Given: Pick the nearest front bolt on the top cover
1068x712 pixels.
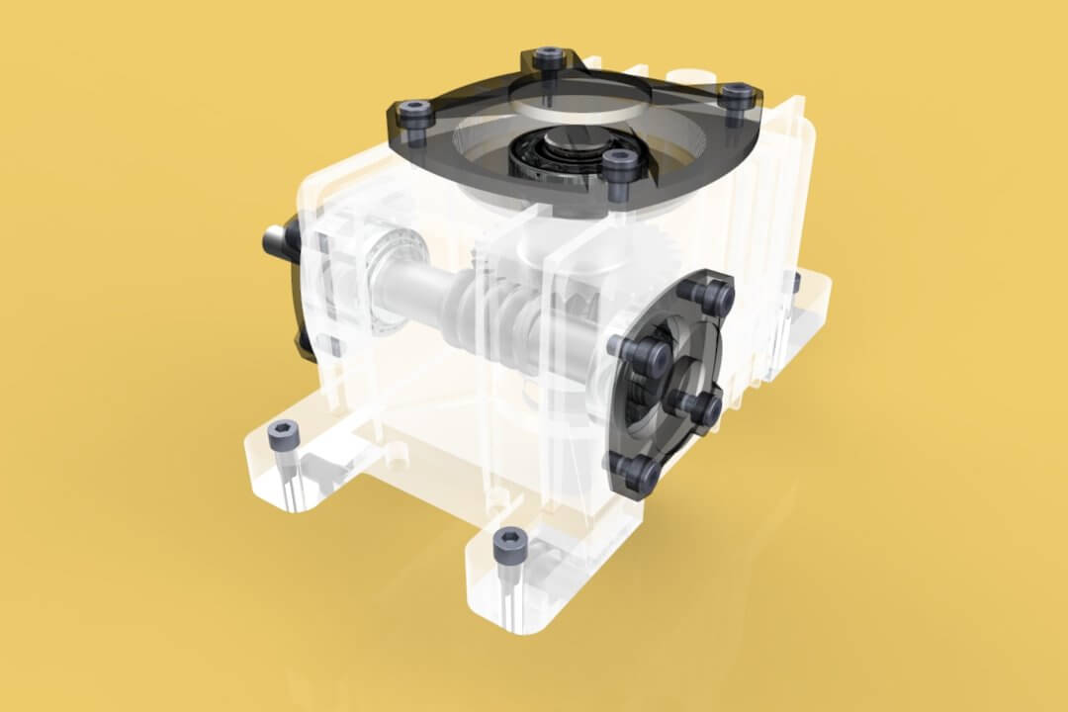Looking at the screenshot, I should (619, 164).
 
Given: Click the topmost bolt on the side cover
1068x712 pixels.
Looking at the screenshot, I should (716, 295).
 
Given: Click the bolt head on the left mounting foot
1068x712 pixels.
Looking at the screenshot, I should (283, 433).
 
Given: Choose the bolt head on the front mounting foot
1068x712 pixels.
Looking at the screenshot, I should (508, 540).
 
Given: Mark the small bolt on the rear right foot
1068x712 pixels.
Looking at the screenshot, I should (794, 281).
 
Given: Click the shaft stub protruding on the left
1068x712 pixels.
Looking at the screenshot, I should (274, 239).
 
